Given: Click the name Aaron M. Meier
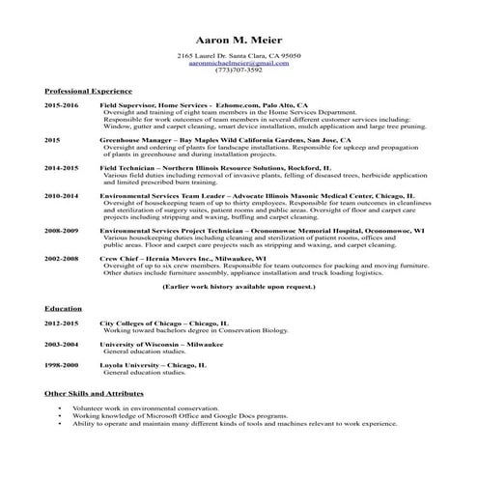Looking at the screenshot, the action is tap(239, 42).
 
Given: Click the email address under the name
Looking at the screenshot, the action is tap(239, 63).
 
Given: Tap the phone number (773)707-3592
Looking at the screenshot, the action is tap(239, 70).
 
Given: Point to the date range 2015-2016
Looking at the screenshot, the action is tap(61, 104).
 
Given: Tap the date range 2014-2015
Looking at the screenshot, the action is tap(61, 167).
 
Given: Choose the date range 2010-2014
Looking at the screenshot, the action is tap(61, 195).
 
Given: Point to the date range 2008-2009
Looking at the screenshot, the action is tap(61, 232).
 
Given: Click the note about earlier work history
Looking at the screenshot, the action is tap(239, 288).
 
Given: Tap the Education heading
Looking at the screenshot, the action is tap(63, 308).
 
